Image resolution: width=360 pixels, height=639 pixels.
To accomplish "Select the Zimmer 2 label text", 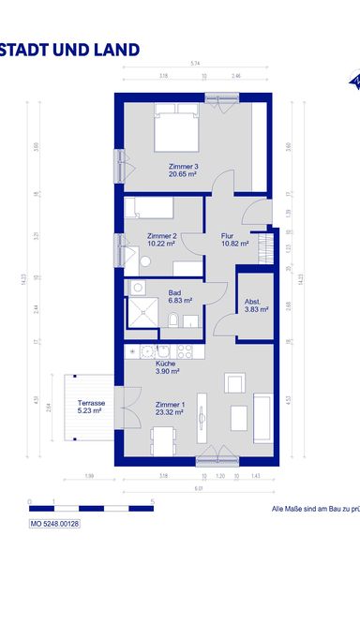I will click(162, 236).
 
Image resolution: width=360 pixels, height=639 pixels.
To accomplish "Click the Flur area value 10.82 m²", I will click(234, 244).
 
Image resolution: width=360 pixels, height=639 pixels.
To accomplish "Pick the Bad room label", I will click(175, 292).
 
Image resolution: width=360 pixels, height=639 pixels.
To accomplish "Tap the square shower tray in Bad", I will click(142, 316).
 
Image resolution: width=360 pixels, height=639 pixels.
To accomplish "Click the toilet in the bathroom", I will click(175, 320).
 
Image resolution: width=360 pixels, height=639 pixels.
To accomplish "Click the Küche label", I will click(165, 364).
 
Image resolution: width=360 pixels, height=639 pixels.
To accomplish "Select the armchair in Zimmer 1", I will click(234, 382).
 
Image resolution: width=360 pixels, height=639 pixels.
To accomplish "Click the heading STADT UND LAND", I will click(70, 50).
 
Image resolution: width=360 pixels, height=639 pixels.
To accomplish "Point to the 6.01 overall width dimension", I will click(199, 488).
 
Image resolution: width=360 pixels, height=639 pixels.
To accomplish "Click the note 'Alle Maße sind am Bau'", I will click(309, 509).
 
